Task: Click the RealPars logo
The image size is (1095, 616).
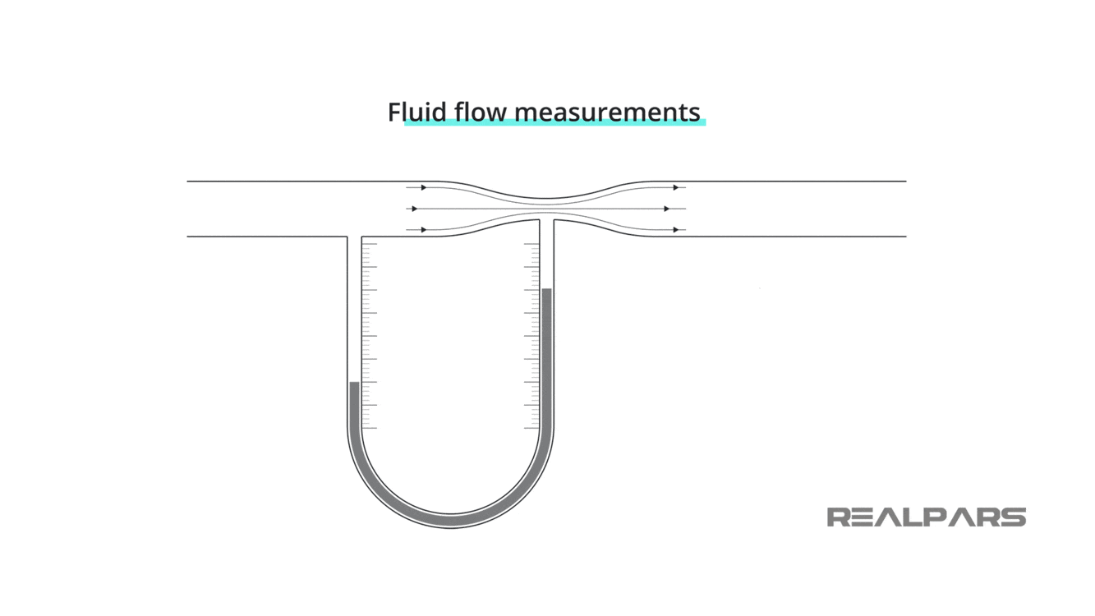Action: [926, 517]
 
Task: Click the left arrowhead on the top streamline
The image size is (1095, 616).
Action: [424, 187]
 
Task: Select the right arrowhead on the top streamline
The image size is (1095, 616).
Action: [676, 187]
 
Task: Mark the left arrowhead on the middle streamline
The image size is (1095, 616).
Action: [414, 209]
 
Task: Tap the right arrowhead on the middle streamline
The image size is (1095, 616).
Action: [667, 209]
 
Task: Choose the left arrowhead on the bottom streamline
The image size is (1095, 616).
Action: [424, 230]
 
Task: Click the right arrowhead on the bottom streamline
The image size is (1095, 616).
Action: [676, 230]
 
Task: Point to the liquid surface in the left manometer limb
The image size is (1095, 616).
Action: [354, 383]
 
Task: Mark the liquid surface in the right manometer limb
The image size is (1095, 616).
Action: [546, 289]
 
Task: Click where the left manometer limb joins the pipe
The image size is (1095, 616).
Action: [354, 237]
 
